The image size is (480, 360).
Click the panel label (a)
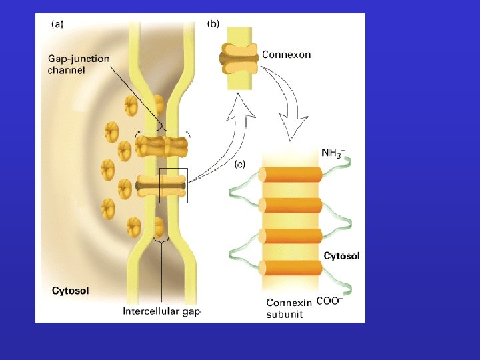pyautogui.click(x=58, y=25)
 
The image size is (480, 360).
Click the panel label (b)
pyautogui.click(x=213, y=24)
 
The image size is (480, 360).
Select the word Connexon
pyautogui.click(x=286, y=55)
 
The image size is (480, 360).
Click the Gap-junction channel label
pyautogui.click(x=78, y=64)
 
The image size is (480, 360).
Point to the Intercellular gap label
pyautogui.click(x=161, y=311)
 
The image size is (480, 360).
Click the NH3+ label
pyautogui.click(x=334, y=153)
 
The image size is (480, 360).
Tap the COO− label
pyautogui.click(x=329, y=301)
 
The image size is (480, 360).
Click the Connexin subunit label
pyautogui.click(x=289, y=308)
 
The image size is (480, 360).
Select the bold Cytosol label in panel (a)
pyautogui.click(x=71, y=291)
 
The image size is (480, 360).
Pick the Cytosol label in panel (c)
pyautogui.click(x=341, y=256)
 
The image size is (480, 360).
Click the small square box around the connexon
pyautogui.click(x=174, y=185)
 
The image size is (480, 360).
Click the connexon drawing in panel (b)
pyautogui.click(x=239, y=59)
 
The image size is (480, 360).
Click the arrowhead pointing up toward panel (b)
pyautogui.click(x=242, y=102)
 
